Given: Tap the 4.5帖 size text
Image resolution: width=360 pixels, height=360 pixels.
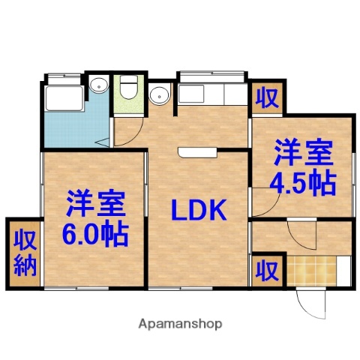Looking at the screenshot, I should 304,182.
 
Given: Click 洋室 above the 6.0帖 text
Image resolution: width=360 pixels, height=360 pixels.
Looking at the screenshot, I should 94,203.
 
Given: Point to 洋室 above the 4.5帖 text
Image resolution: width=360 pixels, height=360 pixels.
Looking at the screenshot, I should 302,153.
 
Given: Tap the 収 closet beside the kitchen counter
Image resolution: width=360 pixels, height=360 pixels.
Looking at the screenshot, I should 265,97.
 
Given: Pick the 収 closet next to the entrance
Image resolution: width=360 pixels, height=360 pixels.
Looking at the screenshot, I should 265,268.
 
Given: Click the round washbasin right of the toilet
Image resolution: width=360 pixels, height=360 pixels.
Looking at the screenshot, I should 157,95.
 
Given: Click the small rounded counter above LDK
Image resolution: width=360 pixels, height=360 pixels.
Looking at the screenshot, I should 196,153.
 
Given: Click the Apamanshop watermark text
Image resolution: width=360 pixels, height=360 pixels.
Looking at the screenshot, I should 180,325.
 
